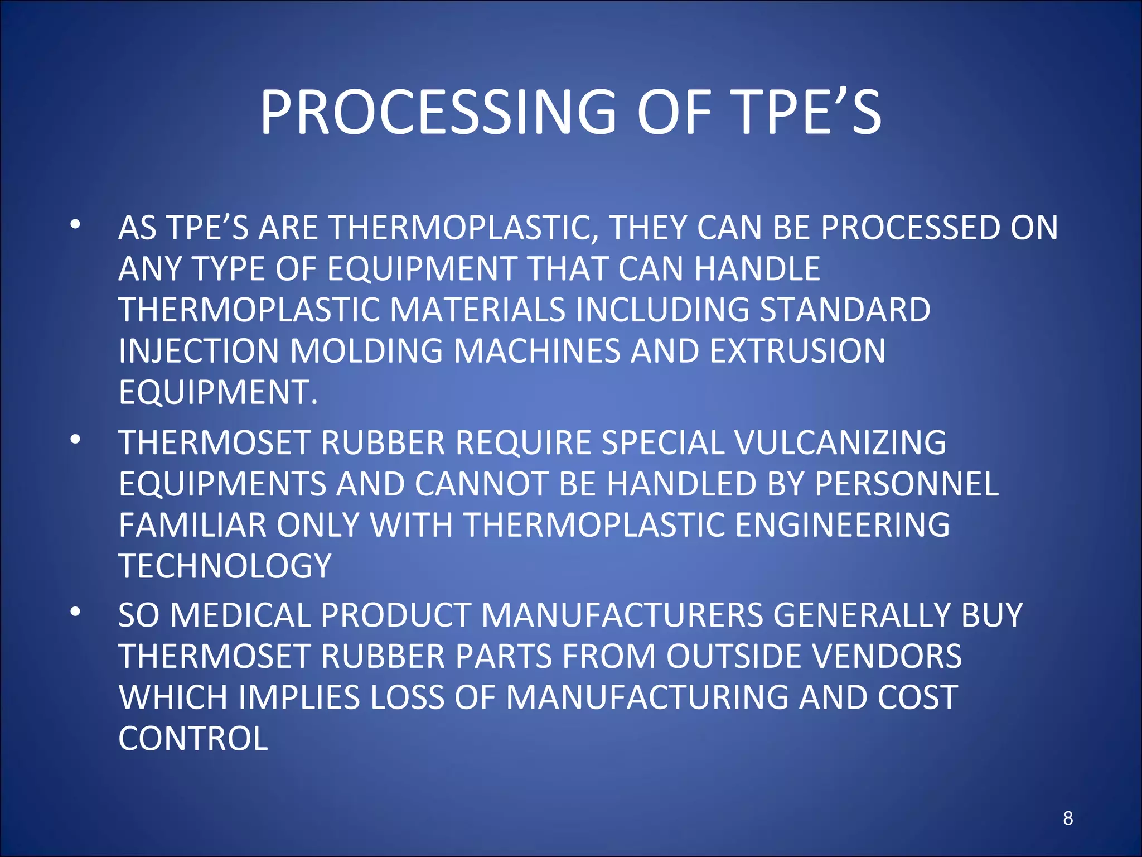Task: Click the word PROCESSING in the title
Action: [x=438, y=113]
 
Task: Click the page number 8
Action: [x=1067, y=819]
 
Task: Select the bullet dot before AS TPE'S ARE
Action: [x=75, y=225]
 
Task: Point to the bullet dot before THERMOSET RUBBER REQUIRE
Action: [x=75, y=440]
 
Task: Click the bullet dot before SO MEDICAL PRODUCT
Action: [x=75, y=613]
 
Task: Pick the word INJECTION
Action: [x=199, y=352]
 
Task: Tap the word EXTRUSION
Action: [x=797, y=352]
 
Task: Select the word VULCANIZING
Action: [x=840, y=443]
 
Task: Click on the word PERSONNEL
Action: [x=906, y=484]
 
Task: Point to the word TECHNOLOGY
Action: [x=225, y=566]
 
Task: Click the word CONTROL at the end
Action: [x=193, y=739]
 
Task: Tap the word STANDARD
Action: [x=845, y=310]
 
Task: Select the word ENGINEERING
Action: [x=843, y=525]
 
